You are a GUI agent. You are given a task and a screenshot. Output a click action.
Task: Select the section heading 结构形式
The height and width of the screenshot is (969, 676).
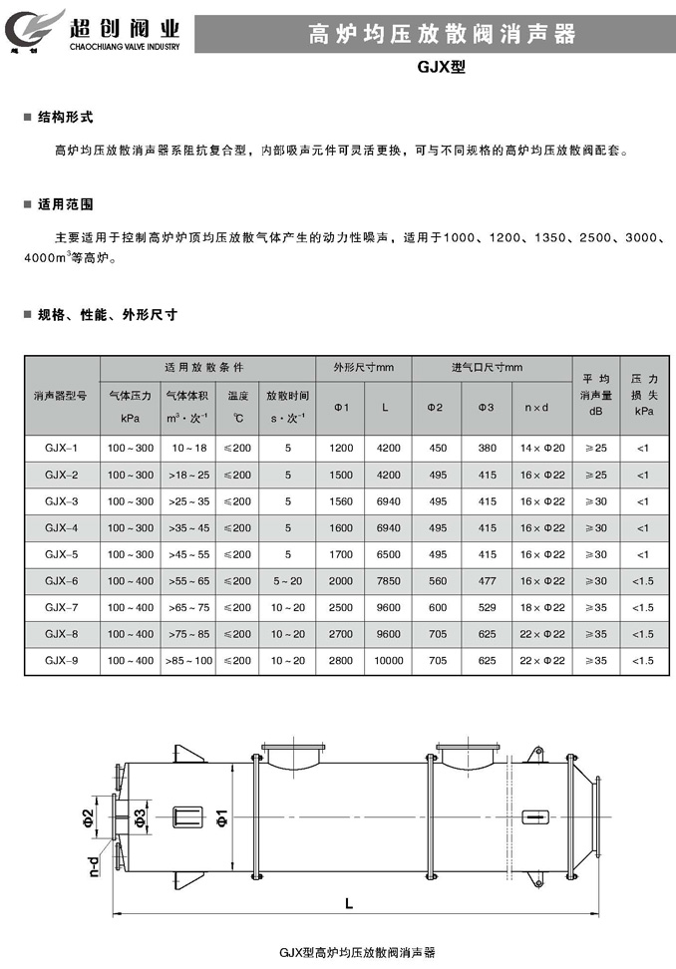coord(65,117)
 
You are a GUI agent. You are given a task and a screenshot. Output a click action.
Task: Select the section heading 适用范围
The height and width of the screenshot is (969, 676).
coord(65,203)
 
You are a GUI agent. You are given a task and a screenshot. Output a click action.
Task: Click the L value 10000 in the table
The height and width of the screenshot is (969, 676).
coord(389,660)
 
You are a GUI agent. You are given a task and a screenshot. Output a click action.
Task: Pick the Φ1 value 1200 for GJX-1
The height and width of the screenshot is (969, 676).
coord(341,448)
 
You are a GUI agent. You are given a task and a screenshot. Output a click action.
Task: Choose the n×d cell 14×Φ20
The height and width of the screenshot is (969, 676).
coord(542,448)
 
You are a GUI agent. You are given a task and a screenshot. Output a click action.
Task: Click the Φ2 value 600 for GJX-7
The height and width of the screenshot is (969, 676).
coord(437,607)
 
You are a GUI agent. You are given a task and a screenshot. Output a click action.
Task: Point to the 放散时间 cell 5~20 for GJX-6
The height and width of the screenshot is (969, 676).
coord(287,580)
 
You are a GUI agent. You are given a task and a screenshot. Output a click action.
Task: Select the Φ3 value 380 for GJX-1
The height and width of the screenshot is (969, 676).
coord(487,448)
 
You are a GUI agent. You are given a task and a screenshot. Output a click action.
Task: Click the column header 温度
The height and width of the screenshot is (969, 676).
coord(237,395)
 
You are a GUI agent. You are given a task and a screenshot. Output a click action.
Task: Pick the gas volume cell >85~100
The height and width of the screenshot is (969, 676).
coord(189,660)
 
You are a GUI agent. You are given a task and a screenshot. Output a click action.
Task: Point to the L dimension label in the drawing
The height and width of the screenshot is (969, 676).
coord(347,905)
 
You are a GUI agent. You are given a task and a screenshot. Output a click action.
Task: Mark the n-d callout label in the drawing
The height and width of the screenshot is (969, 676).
coord(92,864)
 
